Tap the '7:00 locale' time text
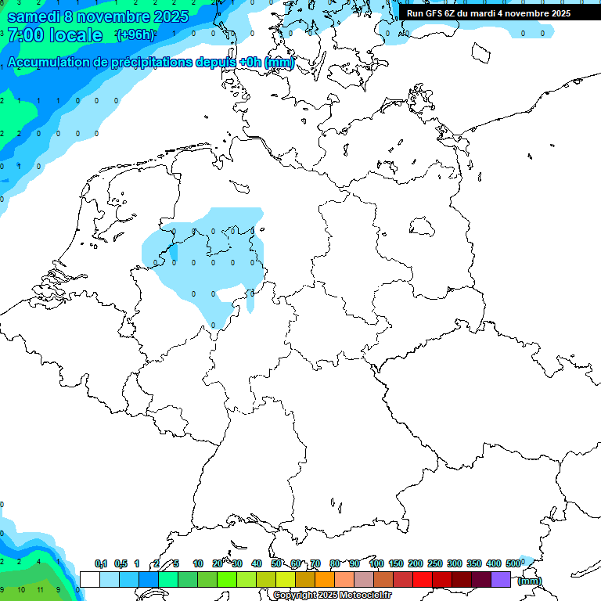(x=54, y=35)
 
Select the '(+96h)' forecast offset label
(x=135, y=35)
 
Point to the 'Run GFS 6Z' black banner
(x=488, y=13)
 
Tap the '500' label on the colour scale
(x=513, y=563)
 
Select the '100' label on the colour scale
(x=376, y=563)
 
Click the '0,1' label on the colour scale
(x=101, y=563)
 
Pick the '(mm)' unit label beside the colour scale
(x=530, y=581)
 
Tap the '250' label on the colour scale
(x=435, y=563)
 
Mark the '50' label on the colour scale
(x=276, y=563)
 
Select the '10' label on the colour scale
(x=198, y=563)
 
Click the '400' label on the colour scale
(x=494, y=563)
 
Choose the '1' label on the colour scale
(x=137, y=563)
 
